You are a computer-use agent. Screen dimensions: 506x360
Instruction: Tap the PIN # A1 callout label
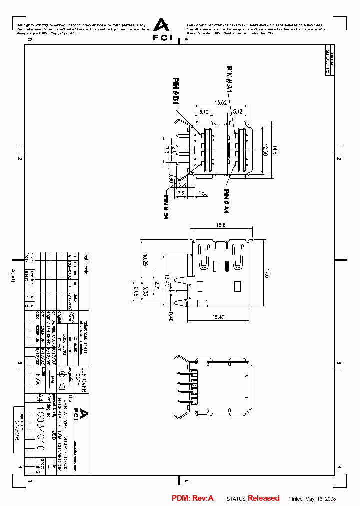[229, 80]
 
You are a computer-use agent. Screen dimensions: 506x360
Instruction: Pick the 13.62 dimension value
[221, 103]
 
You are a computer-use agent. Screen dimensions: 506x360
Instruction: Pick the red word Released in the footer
[264, 498]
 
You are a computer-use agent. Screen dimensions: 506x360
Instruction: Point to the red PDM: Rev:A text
[193, 498]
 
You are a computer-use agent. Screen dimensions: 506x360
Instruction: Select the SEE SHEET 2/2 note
[328, 63]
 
